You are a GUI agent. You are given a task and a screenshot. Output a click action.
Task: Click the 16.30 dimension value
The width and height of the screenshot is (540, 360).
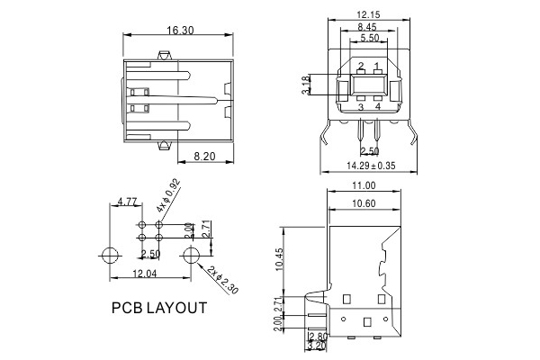pyautogui.click(x=181, y=31)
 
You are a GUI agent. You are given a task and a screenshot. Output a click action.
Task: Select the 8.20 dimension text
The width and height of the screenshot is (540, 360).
pyautogui.click(x=209, y=157)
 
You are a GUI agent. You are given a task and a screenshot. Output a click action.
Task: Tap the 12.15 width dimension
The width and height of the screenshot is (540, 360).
pyautogui.click(x=370, y=15)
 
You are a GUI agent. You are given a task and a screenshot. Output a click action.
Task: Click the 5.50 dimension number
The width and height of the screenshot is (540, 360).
pyautogui.click(x=369, y=40)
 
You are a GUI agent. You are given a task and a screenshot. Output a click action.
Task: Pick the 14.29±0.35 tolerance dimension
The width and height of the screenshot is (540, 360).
pyautogui.click(x=371, y=166)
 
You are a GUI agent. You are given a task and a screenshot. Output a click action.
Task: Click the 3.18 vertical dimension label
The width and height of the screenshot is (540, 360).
pyautogui.click(x=305, y=86)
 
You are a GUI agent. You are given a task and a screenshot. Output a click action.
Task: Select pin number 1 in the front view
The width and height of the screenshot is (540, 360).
pyautogui.click(x=376, y=66)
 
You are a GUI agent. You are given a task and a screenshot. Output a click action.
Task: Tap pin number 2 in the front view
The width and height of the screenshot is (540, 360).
pyautogui.click(x=361, y=66)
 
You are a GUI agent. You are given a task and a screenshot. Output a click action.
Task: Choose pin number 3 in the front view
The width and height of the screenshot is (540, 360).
pyautogui.click(x=361, y=107)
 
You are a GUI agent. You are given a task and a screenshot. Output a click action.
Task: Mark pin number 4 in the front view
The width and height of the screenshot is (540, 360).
pyautogui.click(x=378, y=107)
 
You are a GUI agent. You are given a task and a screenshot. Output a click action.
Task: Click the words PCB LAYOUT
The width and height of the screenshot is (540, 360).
pyautogui.click(x=158, y=308)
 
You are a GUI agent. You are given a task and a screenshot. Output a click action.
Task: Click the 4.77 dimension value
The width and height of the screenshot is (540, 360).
pyautogui.click(x=128, y=202)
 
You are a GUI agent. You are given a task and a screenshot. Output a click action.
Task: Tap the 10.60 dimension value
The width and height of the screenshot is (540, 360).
pyautogui.click(x=364, y=203)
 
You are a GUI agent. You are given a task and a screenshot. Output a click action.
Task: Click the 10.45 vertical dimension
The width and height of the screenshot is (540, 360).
pyautogui.click(x=279, y=258)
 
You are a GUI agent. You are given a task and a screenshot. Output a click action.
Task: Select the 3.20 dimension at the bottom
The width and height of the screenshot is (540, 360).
pyautogui.click(x=317, y=344)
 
